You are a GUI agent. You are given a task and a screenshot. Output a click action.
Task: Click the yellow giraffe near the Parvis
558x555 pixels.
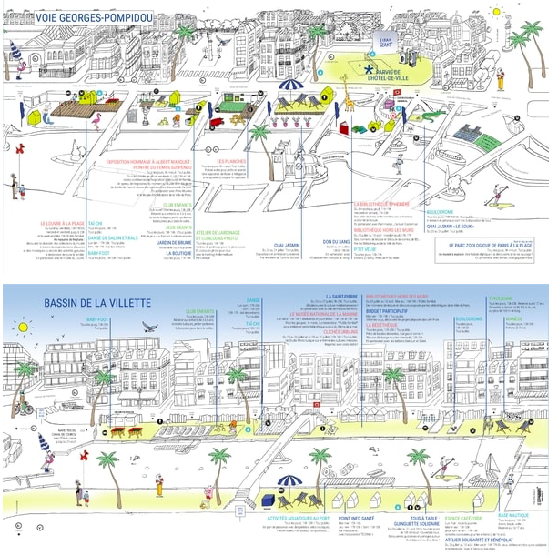click(x=350, y=102)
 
